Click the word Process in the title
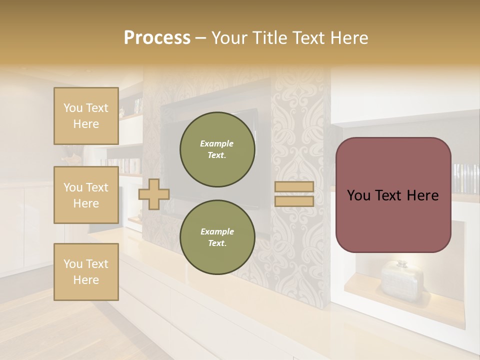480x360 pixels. (x=157, y=38)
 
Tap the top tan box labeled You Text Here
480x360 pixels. (x=86, y=116)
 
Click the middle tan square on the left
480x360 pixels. (x=86, y=195)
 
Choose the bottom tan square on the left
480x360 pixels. (x=86, y=272)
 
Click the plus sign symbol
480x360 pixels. (x=153, y=194)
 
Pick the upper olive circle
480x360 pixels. (x=217, y=149)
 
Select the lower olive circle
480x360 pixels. (x=217, y=237)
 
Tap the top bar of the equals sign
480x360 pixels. (x=294, y=186)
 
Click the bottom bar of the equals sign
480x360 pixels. (x=294, y=201)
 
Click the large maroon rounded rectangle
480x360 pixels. (x=393, y=195)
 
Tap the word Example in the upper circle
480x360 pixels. (x=217, y=143)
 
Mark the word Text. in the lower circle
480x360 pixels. (x=217, y=243)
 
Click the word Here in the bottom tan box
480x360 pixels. (x=86, y=280)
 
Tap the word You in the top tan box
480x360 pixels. (x=72, y=108)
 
